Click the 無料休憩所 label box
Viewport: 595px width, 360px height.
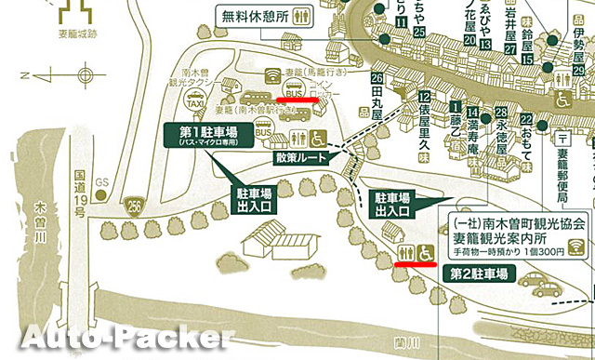[265, 16]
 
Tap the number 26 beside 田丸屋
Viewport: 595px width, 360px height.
[377, 79]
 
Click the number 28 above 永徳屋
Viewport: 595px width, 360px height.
[501, 111]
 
